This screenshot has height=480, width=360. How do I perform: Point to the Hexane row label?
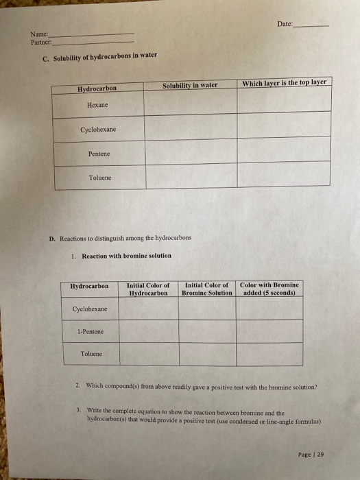tap(97, 104)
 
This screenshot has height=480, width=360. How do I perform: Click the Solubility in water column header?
tap(190, 85)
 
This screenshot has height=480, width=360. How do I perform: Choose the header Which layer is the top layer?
tap(285, 84)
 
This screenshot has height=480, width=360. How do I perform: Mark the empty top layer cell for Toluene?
tap(285, 176)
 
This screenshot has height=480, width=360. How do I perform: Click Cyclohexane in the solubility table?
tap(98, 129)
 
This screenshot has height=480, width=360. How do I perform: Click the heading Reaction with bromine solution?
tap(126, 256)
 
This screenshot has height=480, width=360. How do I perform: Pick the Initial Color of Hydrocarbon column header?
tap(148, 289)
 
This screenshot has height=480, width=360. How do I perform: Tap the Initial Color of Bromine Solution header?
tap(207, 289)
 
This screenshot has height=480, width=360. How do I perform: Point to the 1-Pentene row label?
tap(91, 331)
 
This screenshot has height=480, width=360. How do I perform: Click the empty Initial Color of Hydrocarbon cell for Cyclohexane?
tap(149, 309)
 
